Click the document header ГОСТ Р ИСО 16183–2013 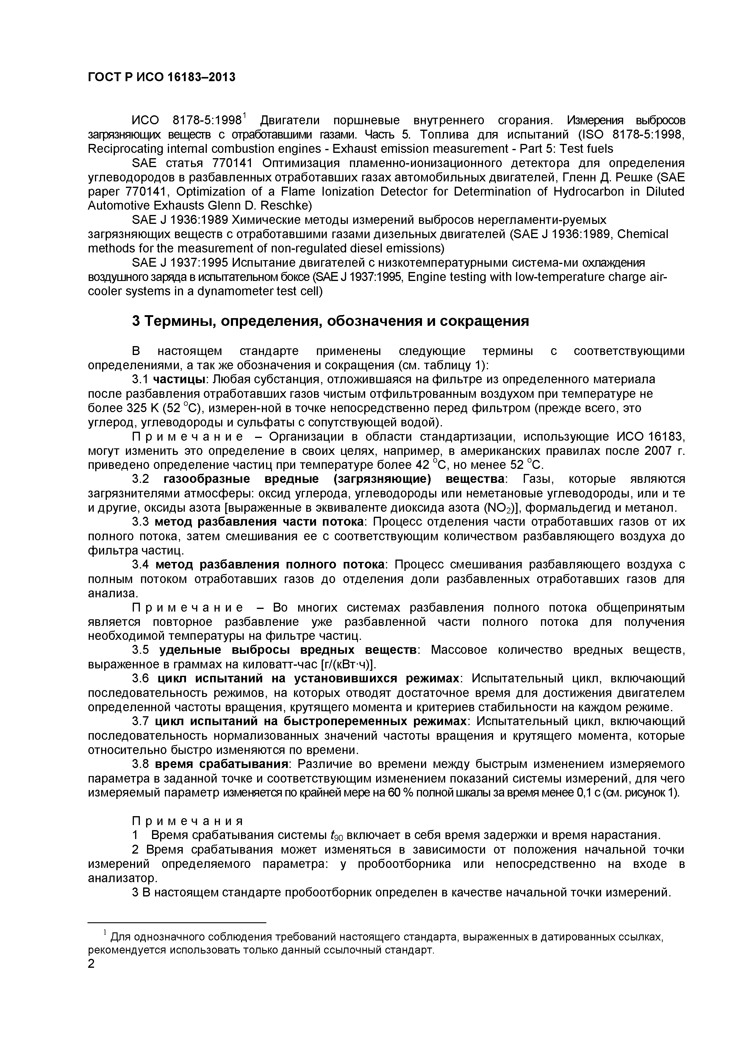[161, 78]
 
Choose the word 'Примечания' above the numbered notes [187, 821]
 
